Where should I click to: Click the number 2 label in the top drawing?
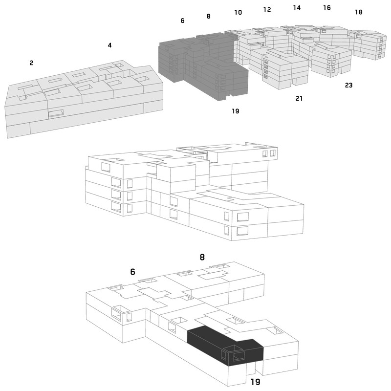31,63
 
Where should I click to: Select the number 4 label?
109,45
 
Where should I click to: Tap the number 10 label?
238,12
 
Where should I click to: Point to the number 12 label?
267,9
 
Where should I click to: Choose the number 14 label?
297,8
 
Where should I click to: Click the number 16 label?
327,8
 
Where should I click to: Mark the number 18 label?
359,12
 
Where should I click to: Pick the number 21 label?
299,99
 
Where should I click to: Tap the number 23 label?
348,85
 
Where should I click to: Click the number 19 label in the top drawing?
236,111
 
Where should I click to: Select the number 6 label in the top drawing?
182,21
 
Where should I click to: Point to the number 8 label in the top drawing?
209,16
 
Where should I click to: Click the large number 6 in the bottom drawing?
132,272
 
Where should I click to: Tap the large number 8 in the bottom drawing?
202,257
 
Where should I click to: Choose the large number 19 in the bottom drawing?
255,382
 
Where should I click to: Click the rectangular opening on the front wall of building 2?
56,113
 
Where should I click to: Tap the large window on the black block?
239,356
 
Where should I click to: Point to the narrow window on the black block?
223,355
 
